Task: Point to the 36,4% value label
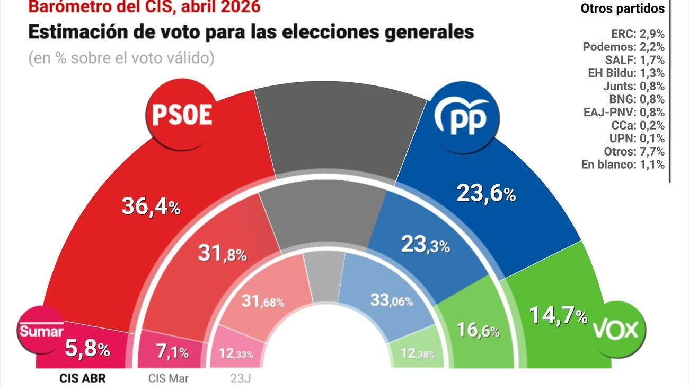[151, 206]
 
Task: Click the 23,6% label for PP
[486, 194]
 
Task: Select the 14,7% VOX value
[558, 316]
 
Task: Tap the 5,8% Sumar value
[87, 349]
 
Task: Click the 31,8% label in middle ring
[222, 253]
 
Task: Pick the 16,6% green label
[478, 331]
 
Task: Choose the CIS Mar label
[167, 378]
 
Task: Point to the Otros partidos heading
[622, 8]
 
